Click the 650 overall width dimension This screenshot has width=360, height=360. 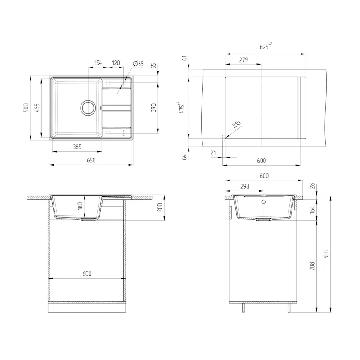(91, 160)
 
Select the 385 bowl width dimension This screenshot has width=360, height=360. (77, 147)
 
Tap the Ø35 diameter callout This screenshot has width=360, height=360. (138, 63)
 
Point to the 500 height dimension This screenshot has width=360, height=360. (27, 108)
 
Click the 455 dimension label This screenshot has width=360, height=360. (37, 108)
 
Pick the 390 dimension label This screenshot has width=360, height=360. (153, 108)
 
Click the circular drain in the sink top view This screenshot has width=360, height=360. (88, 108)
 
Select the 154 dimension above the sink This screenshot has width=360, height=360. (98, 63)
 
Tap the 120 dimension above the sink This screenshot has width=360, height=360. (116, 63)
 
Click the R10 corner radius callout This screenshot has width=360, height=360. (237, 124)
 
